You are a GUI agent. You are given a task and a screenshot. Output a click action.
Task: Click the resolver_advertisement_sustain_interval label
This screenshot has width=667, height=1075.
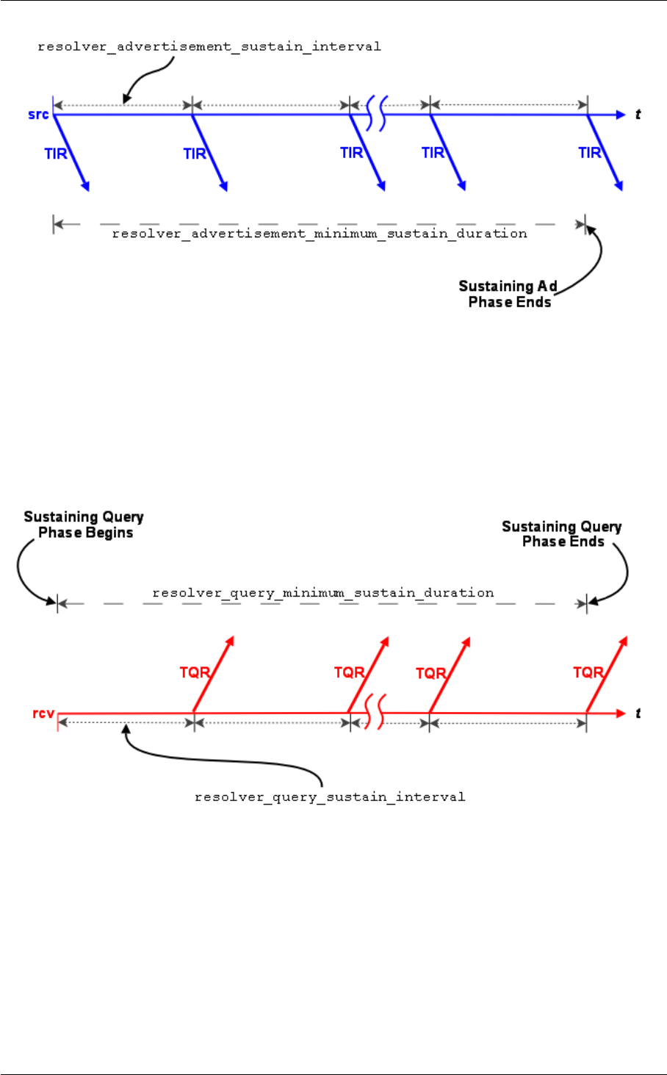(x=209, y=47)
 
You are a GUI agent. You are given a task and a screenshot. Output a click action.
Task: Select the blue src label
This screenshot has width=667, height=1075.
(x=38, y=115)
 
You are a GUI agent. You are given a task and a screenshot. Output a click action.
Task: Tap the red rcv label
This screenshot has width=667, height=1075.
(x=43, y=713)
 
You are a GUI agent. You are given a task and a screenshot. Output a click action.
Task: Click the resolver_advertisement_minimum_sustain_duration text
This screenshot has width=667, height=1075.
(x=320, y=234)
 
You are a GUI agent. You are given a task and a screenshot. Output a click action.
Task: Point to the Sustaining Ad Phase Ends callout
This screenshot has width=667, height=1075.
(x=508, y=294)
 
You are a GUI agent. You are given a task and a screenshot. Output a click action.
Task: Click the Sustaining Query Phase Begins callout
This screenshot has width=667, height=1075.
(x=84, y=525)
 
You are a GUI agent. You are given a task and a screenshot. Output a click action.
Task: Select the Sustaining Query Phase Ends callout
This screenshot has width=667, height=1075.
(x=562, y=534)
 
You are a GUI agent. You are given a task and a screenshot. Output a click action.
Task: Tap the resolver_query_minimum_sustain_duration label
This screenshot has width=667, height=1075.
(x=323, y=593)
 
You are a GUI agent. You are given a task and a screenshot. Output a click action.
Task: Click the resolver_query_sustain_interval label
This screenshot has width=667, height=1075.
(x=330, y=797)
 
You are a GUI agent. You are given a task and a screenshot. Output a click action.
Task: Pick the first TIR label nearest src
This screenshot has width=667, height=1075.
(x=56, y=154)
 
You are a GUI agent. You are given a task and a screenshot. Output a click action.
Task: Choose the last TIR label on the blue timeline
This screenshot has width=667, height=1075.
(x=590, y=153)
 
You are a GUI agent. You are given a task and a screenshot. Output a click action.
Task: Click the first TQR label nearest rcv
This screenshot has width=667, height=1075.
(x=195, y=672)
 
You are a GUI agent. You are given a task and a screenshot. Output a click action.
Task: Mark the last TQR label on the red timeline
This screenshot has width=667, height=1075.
(x=588, y=672)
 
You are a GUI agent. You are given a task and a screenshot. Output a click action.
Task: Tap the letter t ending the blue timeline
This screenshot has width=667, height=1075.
(x=638, y=115)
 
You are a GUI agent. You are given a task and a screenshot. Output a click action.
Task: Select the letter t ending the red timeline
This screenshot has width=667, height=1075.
(x=638, y=713)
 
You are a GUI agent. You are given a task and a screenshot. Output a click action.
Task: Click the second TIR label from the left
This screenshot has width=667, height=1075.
(x=195, y=154)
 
